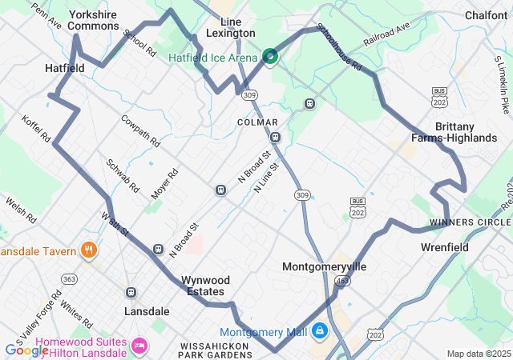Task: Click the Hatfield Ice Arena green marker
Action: pyautogui.click(x=270, y=56)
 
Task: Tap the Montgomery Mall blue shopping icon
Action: pyautogui.click(x=320, y=330)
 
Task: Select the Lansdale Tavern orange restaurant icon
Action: pyautogui.click(x=88, y=250)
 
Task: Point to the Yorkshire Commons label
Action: pyautogui.click(x=94, y=20)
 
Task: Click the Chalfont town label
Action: pyautogui.click(x=486, y=14)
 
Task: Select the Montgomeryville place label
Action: pyautogui.click(x=324, y=266)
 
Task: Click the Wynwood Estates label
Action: pyautogui.click(x=205, y=286)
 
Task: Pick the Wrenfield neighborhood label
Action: pyautogui.click(x=445, y=247)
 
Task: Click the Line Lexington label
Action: pyautogui.click(x=230, y=26)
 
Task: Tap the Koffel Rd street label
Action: pyautogui.click(x=37, y=126)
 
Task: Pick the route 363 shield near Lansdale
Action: pyautogui.click(x=70, y=278)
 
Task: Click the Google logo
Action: pyautogui.click(x=26, y=350)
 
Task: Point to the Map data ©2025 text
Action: pyautogui.click(x=478, y=354)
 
